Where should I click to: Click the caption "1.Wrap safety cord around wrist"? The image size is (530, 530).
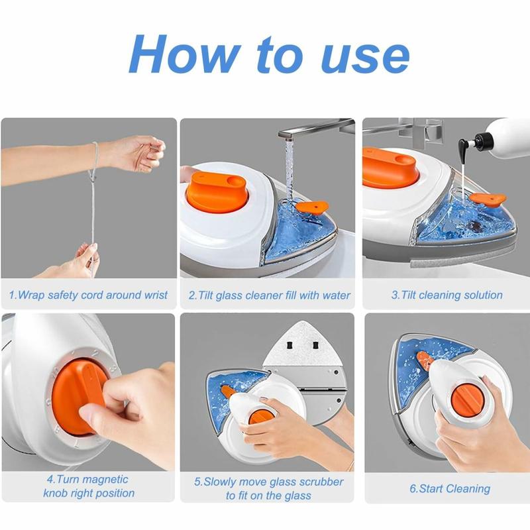88,295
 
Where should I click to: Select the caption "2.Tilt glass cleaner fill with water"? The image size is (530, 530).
269,295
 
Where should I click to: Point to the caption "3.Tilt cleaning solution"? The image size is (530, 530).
447,295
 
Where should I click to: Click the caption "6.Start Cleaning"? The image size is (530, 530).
450,489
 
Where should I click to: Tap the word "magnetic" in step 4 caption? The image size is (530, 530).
104,479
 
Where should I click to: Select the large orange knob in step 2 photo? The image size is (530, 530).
217,191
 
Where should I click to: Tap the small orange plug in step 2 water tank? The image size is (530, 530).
311,207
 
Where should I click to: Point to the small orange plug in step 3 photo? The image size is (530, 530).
487,198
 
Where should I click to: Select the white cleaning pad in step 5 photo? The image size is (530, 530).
305,344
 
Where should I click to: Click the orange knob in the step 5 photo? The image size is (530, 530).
260,417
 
